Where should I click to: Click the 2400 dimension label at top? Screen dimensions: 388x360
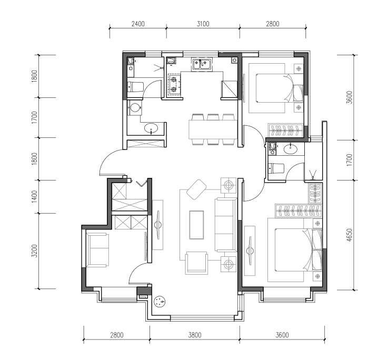pos(138,24)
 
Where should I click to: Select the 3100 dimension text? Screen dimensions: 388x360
pos(203,24)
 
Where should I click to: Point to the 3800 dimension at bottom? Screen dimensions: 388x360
pos(195,335)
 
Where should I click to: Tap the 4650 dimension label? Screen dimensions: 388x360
pos(349,235)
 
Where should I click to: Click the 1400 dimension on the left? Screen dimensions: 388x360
pos(34,197)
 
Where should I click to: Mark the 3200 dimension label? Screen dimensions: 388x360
pos(34,251)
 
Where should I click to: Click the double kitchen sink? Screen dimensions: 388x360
pos(202,64)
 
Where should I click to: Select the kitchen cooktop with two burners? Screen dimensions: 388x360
pos(174,85)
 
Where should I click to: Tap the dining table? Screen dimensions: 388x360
pos(213,129)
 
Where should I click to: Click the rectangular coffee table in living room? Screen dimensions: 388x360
pos(196,225)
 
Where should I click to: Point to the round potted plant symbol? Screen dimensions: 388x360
pos(160,302)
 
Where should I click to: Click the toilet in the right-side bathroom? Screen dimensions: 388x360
pos(276,168)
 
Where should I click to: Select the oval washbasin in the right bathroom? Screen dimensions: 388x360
pos(291,149)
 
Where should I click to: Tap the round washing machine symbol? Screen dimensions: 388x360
pos(135,107)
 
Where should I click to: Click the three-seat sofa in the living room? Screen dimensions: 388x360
pos(225,225)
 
